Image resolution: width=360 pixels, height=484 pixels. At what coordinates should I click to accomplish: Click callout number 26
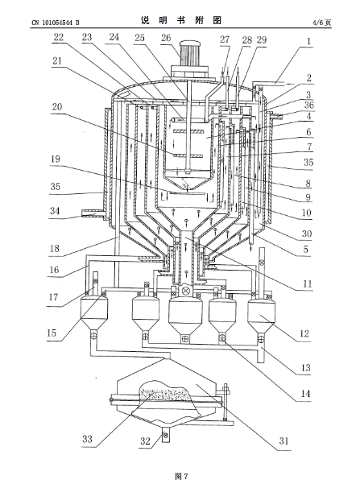[166, 38]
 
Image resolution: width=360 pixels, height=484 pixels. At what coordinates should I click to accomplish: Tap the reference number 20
[57, 107]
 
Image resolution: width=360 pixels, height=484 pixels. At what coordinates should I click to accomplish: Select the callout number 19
[56, 159]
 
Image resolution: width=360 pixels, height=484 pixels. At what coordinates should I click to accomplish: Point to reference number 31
[284, 441]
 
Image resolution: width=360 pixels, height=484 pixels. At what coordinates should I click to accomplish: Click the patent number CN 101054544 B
[56, 23]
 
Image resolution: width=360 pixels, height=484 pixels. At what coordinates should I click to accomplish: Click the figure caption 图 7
[181, 476]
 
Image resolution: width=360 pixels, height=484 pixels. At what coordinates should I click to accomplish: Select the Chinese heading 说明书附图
[181, 20]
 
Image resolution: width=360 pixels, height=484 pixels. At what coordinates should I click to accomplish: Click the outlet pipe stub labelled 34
[93, 213]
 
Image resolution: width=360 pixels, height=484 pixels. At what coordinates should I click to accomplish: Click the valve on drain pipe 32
[166, 436]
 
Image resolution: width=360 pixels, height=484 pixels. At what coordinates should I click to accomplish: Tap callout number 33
[87, 439]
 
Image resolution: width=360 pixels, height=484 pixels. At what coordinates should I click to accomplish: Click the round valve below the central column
[186, 291]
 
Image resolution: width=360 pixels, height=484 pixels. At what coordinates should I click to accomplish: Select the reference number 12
[304, 333]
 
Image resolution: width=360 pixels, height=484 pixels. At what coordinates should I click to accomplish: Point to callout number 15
[52, 333]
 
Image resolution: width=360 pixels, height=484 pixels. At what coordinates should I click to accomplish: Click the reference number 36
[308, 105]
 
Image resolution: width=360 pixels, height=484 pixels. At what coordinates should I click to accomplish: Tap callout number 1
[308, 41]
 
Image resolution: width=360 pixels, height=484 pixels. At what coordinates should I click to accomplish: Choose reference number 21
[57, 61]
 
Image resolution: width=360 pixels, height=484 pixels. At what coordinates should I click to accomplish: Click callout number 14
[305, 394]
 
